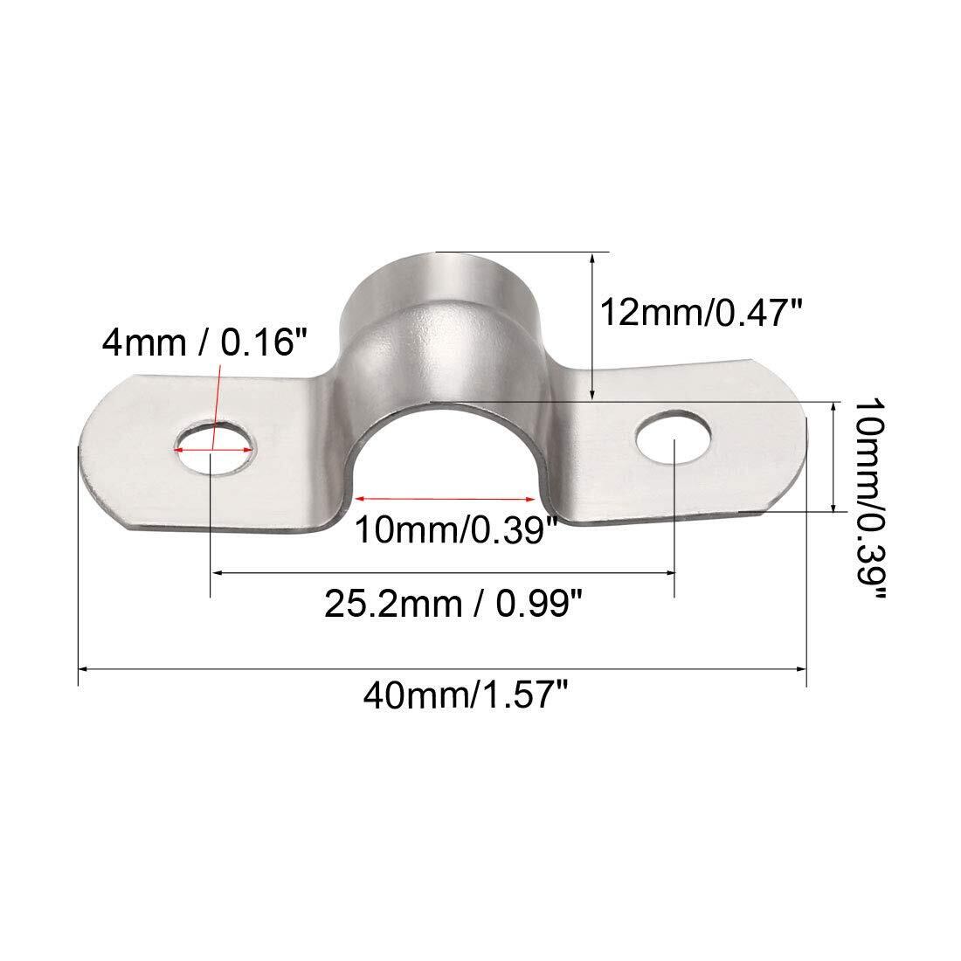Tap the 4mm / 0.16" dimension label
(x=204, y=342)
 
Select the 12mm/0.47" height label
(x=702, y=312)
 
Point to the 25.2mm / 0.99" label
(x=453, y=603)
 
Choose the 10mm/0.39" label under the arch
(x=457, y=529)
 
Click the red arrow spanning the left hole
(x=213, y=451)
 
